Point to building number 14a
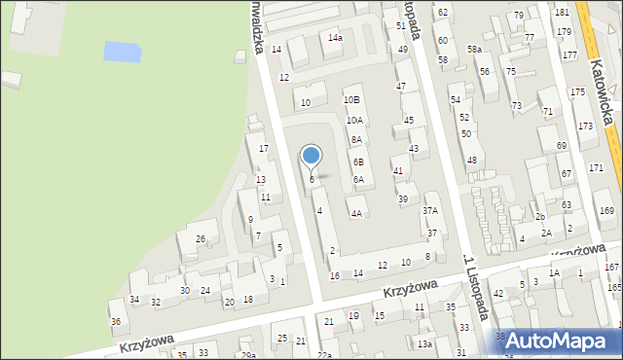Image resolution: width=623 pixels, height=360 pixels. (335, 38)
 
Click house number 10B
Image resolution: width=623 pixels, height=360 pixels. (351, 100)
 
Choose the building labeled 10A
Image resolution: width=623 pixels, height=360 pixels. (354, 121)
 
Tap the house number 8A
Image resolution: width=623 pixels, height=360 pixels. (357, 140)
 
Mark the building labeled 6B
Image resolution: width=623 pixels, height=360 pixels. (358, 162)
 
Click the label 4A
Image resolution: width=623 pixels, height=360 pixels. (357, 213)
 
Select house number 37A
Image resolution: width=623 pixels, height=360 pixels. (429, 210)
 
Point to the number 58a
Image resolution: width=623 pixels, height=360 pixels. (474, 50)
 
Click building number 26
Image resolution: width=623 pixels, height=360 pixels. (201, 239)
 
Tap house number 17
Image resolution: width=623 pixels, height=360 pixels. (263, 148)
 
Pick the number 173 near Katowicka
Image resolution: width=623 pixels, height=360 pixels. (584, 126)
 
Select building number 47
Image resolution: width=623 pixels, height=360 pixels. (400, 87)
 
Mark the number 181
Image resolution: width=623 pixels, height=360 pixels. (562, 12)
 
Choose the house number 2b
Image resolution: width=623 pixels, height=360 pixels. (539, 216)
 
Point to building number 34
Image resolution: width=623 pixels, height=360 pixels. (134, 300)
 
